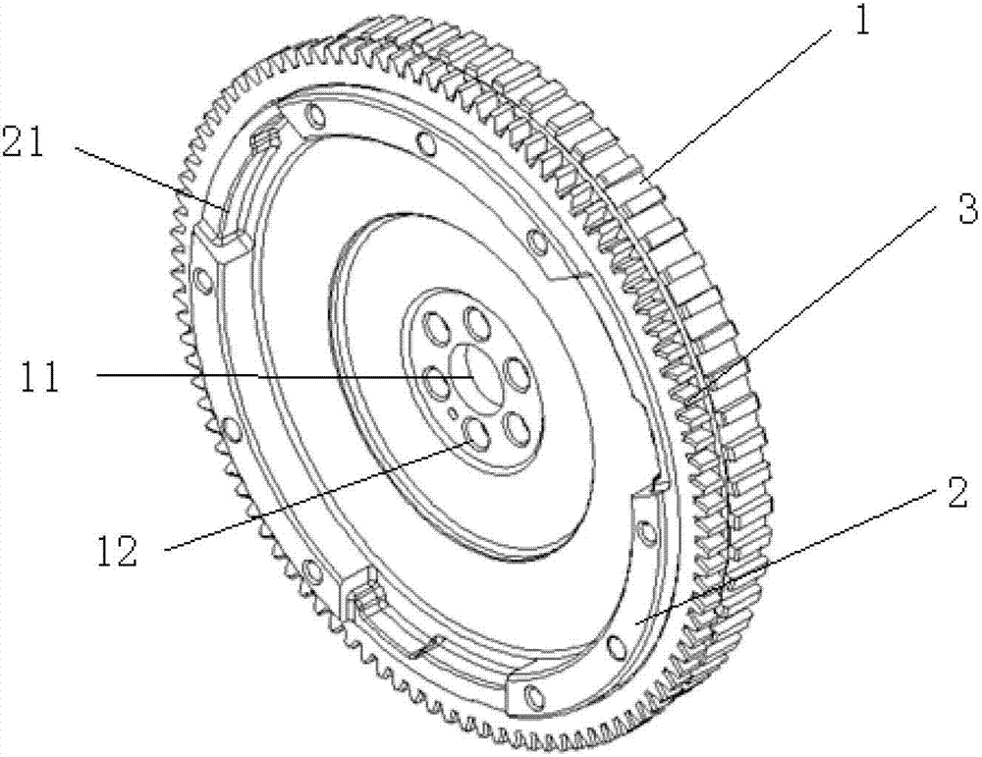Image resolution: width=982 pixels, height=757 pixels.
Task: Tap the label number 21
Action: (24, 141)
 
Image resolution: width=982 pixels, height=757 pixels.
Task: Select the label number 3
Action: (968, 210)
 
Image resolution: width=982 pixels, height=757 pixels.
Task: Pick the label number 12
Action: (117, 552)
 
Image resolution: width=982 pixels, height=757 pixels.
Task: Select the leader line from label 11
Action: (284, 376)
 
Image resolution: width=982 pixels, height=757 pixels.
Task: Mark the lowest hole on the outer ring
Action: (532, 695)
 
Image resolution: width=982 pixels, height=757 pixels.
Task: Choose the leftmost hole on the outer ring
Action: (202, 279)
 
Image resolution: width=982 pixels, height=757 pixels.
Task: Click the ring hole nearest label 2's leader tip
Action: (616, 644)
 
